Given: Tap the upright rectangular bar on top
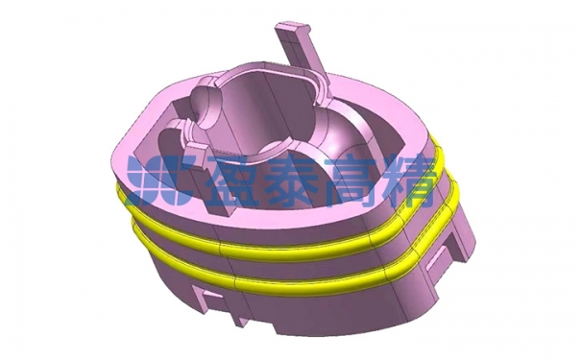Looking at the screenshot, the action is tap(302, 52).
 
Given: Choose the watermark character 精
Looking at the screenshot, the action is tap(407, 180).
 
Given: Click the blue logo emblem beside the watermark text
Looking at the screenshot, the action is tap(160, 180).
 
